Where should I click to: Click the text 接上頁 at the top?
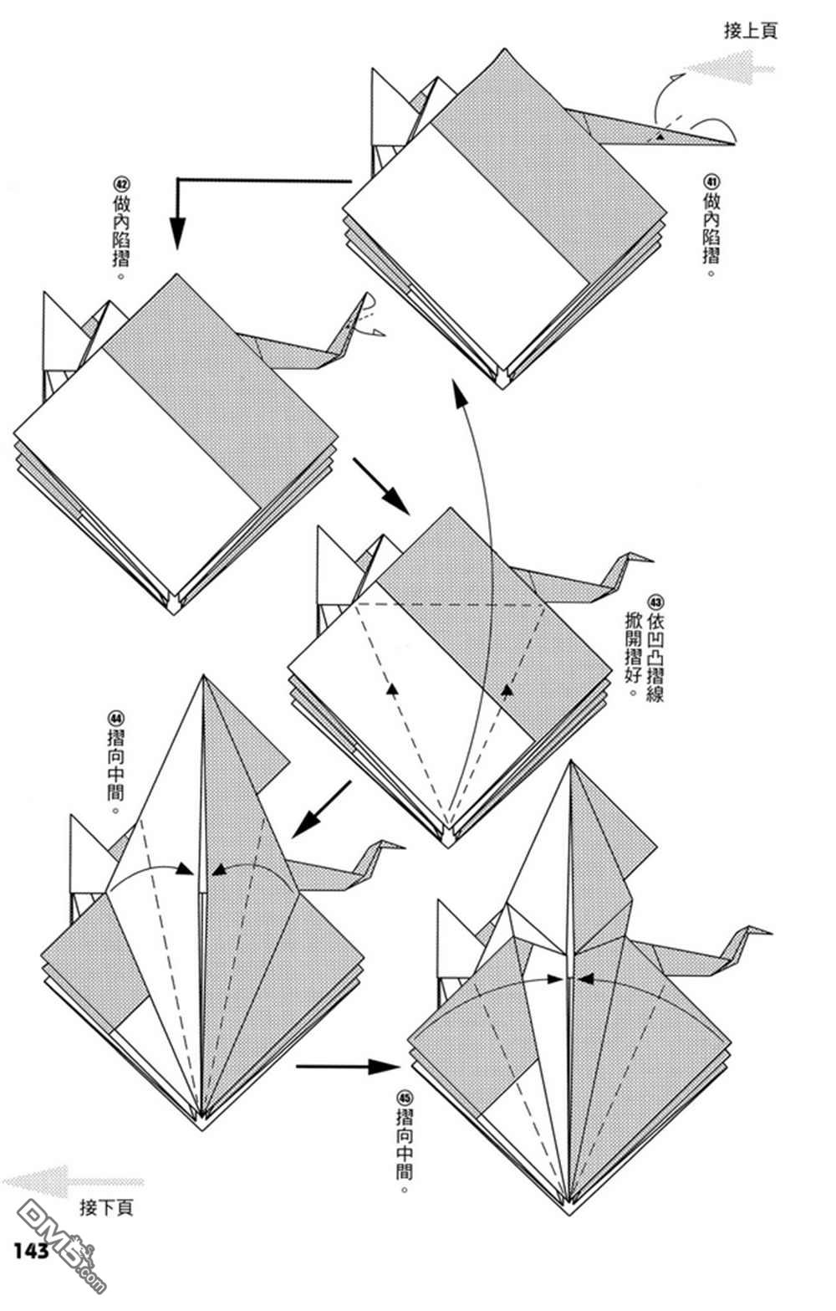tap(750, 31)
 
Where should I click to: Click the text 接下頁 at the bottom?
tap(105, 1207)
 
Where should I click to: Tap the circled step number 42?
tap(121, 183)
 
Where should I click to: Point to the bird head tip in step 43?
tap(652, 560)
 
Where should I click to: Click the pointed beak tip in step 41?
tap(733, 144)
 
